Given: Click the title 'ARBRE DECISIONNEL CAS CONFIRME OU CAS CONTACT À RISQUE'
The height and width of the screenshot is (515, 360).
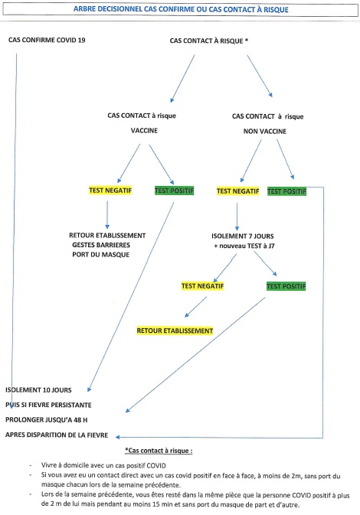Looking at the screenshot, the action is click(181, 9).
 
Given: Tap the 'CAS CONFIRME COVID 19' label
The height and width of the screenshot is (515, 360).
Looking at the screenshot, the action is click(47, 40).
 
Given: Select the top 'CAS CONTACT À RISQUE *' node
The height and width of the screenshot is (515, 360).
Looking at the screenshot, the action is click(209, 41).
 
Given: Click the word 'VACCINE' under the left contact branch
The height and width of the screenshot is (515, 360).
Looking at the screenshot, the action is click(144, 130).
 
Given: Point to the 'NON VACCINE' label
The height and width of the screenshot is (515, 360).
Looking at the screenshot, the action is click(265, 131).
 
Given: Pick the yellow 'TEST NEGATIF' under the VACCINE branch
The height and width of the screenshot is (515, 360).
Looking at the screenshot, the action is click(110, 191).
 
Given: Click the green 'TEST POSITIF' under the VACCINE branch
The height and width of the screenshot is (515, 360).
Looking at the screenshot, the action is click(174, 191).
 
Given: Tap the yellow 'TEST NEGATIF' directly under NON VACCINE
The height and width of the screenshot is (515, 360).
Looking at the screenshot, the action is click(237, 191).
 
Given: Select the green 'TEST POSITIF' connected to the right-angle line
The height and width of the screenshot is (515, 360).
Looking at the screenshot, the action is click(286, 191).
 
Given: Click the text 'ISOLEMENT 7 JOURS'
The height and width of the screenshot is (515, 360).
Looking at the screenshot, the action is click(243, 236).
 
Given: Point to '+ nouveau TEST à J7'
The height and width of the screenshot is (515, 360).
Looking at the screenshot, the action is click(244, 246).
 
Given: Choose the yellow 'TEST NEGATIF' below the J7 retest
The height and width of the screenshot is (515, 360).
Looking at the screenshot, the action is click(202, 286).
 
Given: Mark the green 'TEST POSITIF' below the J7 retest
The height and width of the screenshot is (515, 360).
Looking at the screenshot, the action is click(286, 286).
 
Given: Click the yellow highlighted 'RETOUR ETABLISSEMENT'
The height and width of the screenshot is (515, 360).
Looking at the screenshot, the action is click(175, 331).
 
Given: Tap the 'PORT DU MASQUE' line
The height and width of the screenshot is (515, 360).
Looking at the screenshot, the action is click(101, 255).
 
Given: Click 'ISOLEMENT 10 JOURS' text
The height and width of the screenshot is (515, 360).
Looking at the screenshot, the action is click(38, 390).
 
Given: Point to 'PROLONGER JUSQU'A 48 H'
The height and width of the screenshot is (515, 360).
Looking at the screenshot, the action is click(47, 420).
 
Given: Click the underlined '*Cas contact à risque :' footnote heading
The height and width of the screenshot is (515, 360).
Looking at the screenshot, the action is click(159, 451).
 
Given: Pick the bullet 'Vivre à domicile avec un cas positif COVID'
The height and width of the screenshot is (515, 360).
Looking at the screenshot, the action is click(103, 465).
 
